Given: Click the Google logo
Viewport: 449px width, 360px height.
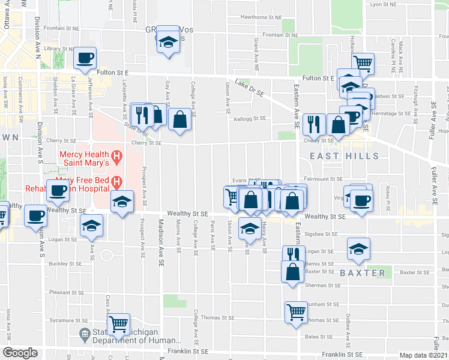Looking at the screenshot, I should [x=20, y=353].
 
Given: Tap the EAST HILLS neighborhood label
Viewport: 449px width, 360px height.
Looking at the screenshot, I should [x=344, y=156].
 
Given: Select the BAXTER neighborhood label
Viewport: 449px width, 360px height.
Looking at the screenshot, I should [x=363, y=272].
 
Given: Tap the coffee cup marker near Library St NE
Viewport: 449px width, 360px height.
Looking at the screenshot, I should [x=85, y=58].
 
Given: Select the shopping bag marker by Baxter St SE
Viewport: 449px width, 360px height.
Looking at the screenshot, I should [x=292, y=271].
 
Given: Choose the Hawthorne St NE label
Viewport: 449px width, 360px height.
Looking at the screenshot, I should [x=261, y=17].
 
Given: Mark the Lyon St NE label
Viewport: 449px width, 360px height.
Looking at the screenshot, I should [x=385, y=4].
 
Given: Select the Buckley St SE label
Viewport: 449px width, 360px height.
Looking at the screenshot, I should [x=66, y=263].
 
